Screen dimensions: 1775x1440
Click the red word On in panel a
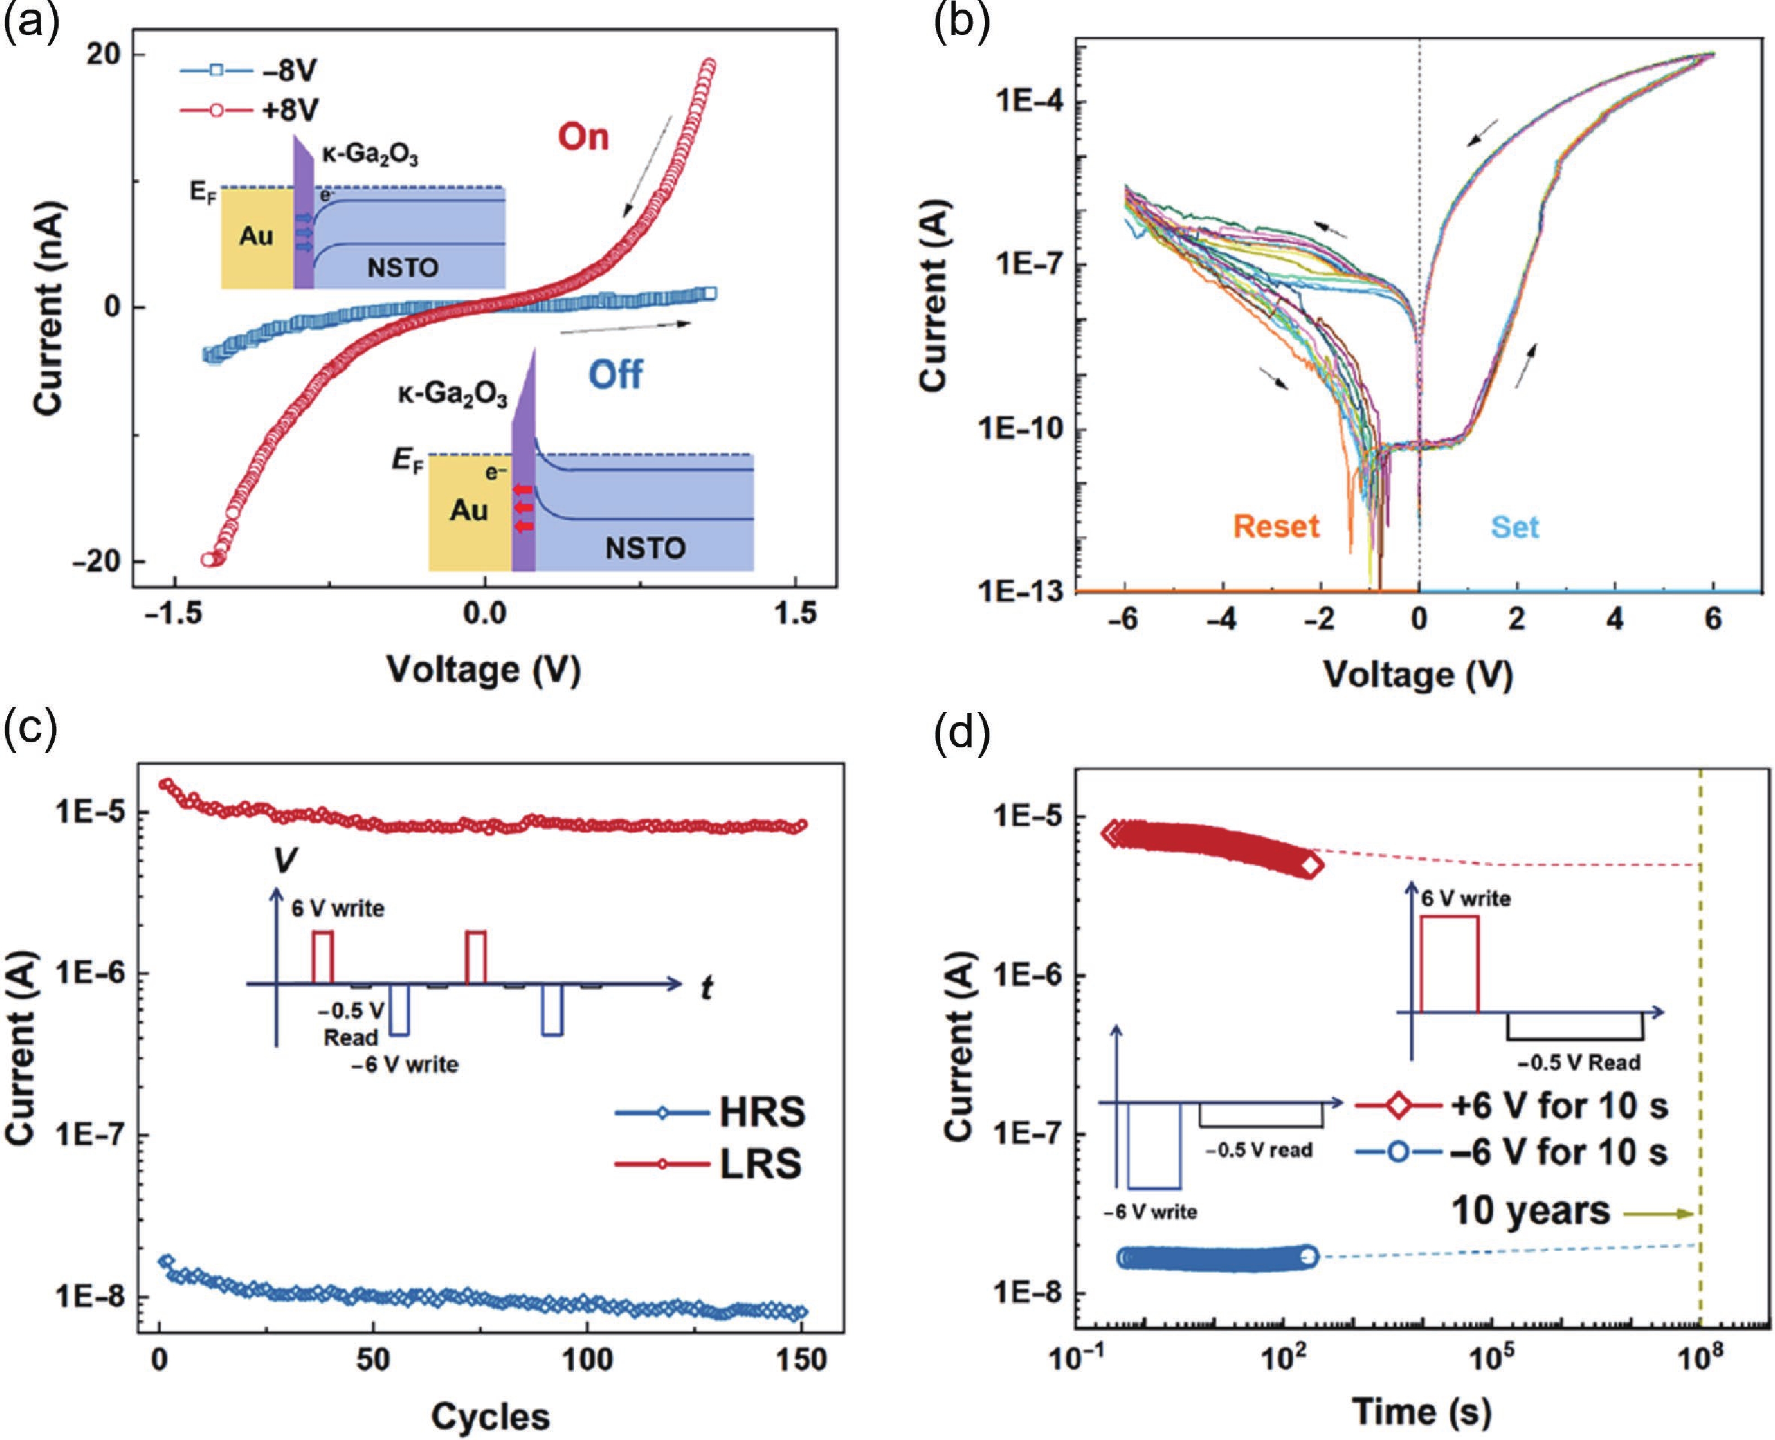click(583, 137)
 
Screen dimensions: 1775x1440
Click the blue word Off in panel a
click(615, 375)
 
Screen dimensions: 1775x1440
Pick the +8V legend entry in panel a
click(249, 109)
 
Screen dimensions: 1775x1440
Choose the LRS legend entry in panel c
click(710, 1164)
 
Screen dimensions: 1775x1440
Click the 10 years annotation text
click(1530, 1212)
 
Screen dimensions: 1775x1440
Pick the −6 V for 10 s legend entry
click(1511, 1152)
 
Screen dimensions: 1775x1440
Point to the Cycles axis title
click(490, 1417)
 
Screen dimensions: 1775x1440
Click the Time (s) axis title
click(1422, 1411)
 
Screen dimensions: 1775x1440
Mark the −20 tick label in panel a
click(96, 561)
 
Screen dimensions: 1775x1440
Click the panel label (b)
click(962, 21)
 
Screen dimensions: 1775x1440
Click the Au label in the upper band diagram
click(256, 236)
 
